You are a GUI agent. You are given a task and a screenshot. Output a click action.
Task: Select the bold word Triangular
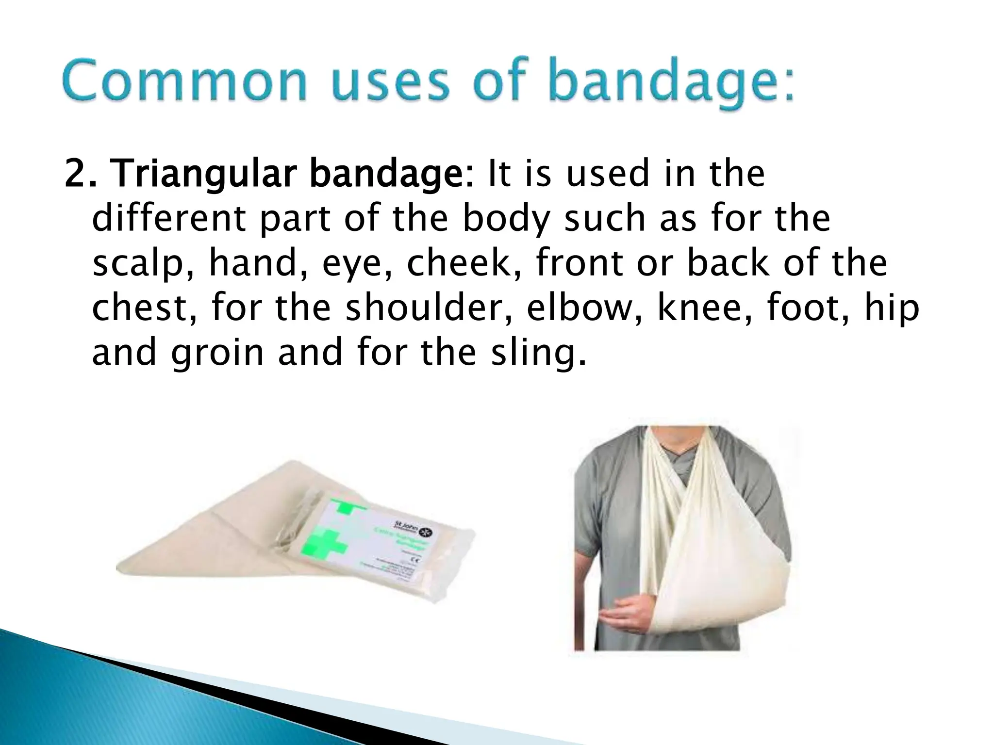[x=207, y=175]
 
